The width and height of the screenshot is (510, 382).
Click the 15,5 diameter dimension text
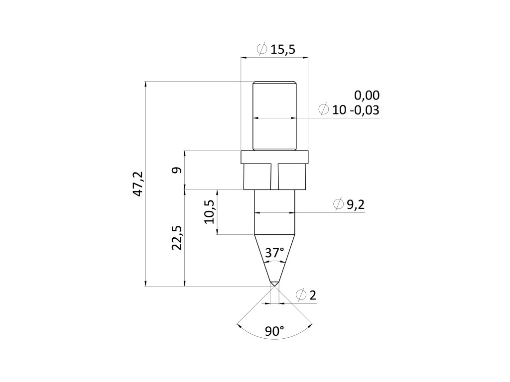[283, 49]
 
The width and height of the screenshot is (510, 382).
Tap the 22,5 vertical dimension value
[177, 238]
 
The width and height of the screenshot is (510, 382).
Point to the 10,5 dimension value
[209, 211]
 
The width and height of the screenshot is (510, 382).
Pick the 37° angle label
[274, 253]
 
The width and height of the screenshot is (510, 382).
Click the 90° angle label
[274, 331]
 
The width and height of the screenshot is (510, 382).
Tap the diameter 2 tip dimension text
[313, 295]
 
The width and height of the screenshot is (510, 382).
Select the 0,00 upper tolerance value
[367, 95]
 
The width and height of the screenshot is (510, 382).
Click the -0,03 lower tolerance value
[365, 110]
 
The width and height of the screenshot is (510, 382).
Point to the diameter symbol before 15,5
[261, 49]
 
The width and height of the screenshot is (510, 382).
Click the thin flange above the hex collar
[274, 157]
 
